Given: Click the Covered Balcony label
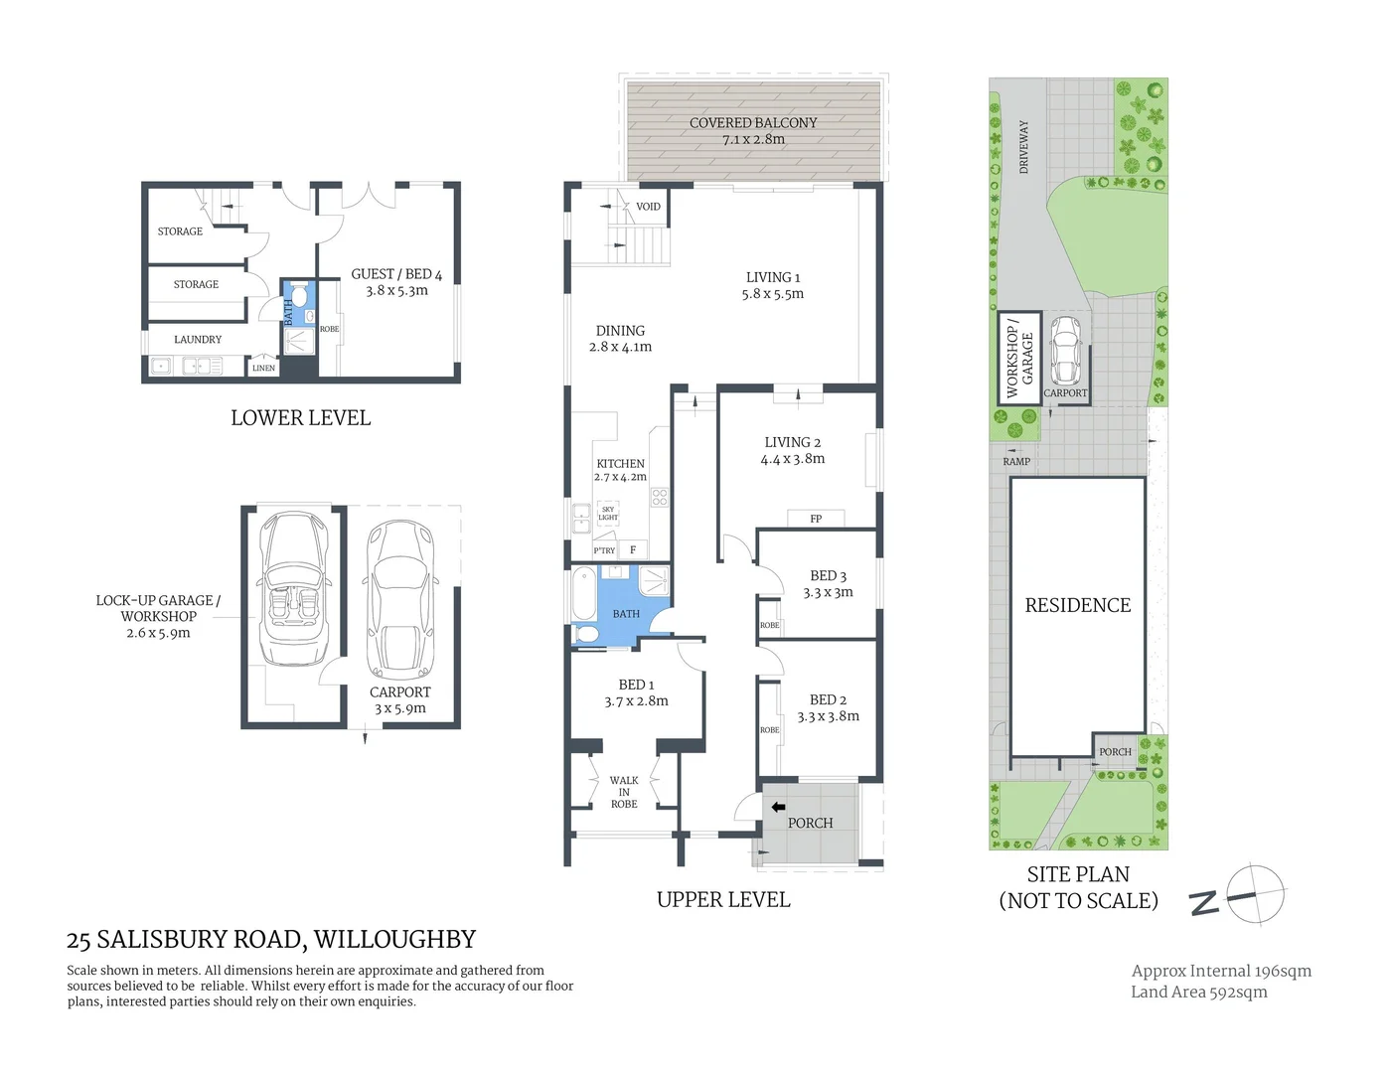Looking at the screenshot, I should (x=753, y=123).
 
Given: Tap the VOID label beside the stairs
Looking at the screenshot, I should (x=648, y=207).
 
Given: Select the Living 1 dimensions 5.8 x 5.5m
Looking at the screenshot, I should (x=772, y=294).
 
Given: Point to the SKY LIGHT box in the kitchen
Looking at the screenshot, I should (x=607, y=513).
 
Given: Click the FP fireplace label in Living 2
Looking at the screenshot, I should (x=816, y=519).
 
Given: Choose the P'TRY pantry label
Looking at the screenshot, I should (x=604, y=550).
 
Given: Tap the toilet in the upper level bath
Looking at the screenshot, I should (x=586, y=633).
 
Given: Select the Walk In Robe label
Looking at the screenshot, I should (x=624, y=792).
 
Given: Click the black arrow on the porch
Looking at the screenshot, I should (x=778, y=807).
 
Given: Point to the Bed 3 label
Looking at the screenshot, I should (x=828, y=576).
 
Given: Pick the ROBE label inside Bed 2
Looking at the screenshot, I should (x=769, y=729).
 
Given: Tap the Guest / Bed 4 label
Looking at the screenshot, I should (x=396, y=274).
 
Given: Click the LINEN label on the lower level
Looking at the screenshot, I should (x=263, y=368).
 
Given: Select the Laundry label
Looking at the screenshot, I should (x=198, y=339).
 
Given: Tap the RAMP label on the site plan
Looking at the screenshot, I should (x=1016, y=461).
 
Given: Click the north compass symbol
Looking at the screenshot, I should (x=1254, y=894).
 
